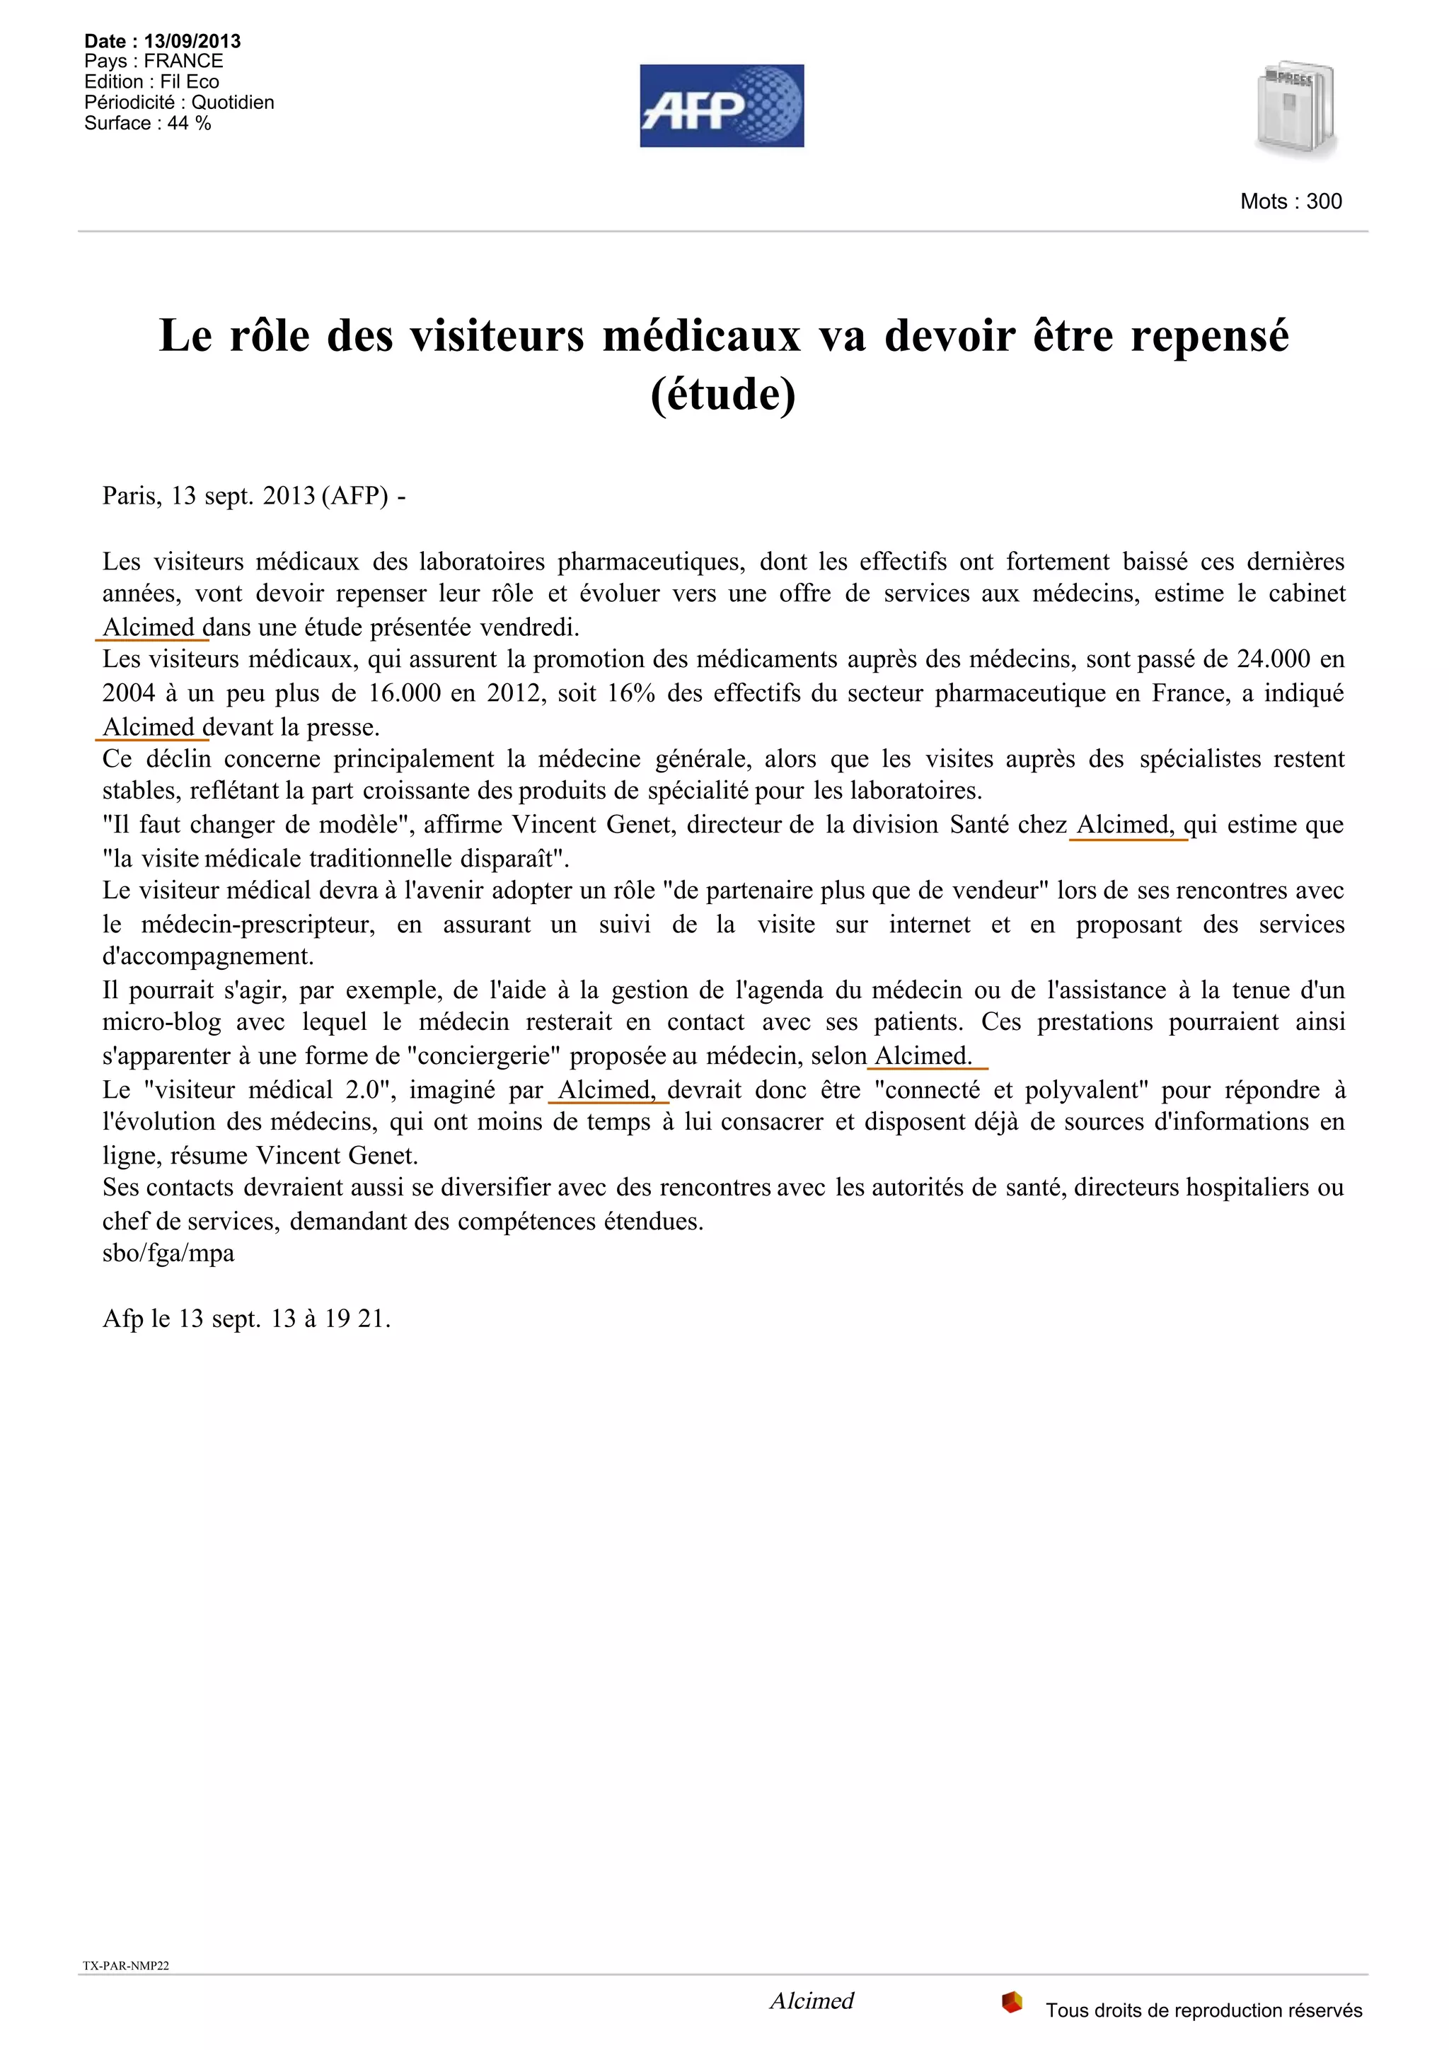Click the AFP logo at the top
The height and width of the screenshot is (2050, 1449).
722,105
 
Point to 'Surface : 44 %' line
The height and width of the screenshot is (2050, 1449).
147,123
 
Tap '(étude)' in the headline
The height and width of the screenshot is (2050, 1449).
723,395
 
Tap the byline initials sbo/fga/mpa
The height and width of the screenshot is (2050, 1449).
168,1253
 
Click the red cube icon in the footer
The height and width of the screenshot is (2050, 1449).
1012,2002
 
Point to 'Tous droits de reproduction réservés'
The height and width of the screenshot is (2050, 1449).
1203,2010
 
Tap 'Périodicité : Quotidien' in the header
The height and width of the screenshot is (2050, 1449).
178,103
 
